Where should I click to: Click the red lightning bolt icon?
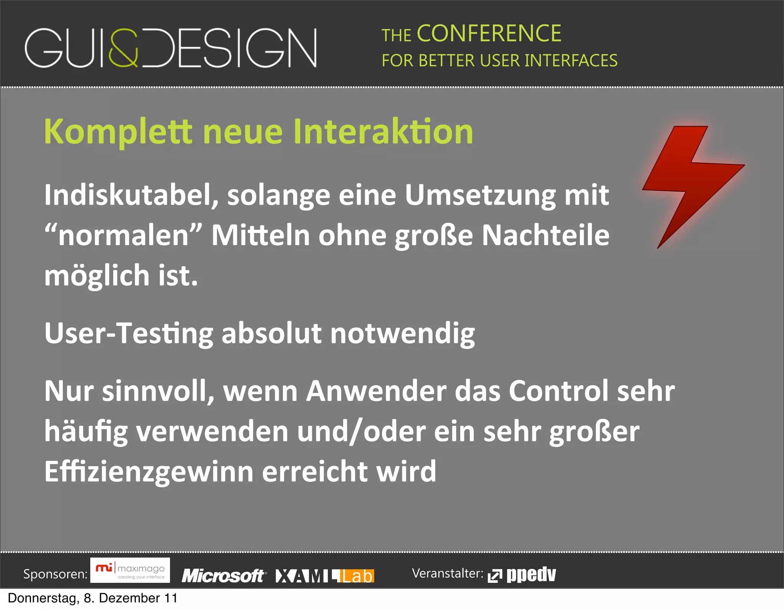[x=689, y=180]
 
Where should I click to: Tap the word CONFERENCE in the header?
[x=489, y=34]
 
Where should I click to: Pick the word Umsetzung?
[x=480, y=195]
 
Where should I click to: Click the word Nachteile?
[x=545, y=235]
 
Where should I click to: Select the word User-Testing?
[x=129, y=333]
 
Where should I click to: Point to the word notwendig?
[x=402, y=333]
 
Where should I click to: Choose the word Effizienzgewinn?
[x=149, y=471]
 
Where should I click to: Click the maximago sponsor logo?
[x=130, y=571]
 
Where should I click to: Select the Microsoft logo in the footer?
[x=223, y=576]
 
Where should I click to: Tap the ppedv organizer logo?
[x=522, y=574]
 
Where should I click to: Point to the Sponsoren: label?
[x=55, y=574]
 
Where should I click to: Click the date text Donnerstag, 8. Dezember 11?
[x=92, y=598]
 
